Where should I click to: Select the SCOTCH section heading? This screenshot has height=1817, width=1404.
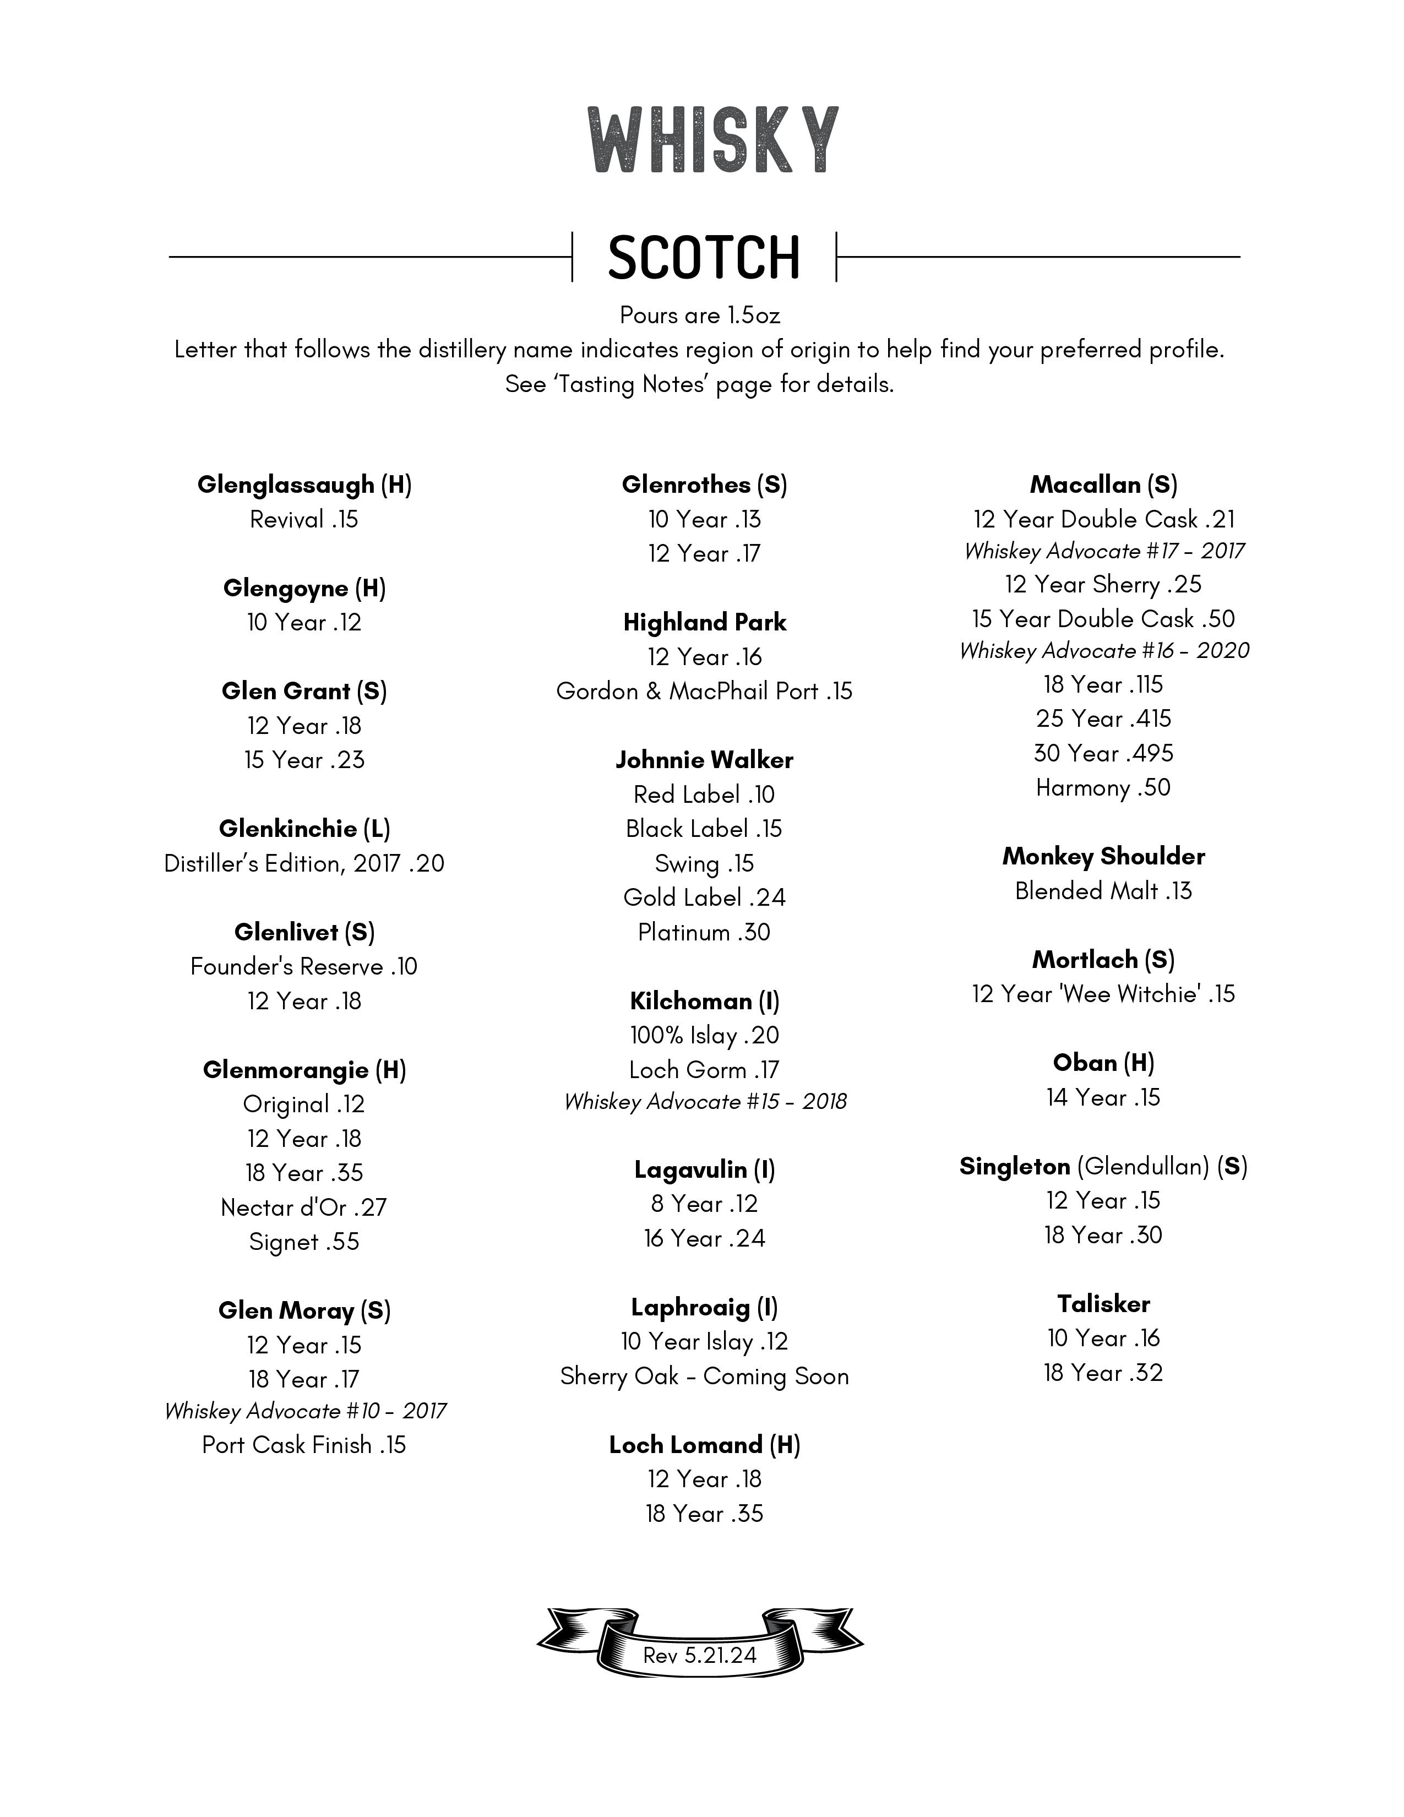point(704,257)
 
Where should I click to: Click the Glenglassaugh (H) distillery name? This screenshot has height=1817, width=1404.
point(304,485)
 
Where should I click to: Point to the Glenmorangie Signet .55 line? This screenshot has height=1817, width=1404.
point(304,1242)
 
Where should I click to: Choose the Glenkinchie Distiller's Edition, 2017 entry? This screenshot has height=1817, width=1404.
point(304,863)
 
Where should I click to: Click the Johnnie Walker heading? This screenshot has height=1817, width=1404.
point(705,760)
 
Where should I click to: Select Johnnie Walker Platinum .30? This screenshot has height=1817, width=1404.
point(705,933)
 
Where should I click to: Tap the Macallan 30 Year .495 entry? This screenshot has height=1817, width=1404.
point(1103,754)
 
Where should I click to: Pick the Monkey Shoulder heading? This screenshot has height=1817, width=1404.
point(1103,857)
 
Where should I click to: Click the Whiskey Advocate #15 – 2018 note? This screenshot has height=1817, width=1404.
point(705,1102)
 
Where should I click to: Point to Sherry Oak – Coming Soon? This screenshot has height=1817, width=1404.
point(705,1377)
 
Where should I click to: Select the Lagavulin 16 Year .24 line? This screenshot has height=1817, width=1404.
point(705,1239)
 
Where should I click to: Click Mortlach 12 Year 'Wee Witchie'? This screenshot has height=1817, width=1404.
point(1103,994)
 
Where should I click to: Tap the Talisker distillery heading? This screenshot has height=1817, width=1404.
point(1103,1304)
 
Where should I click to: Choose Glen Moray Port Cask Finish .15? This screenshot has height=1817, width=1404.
point(304,1445)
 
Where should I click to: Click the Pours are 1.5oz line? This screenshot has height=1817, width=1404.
point(699,316)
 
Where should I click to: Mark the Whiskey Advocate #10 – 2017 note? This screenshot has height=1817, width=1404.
point(304,1412)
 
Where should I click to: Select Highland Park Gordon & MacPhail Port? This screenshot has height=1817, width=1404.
point(705,692)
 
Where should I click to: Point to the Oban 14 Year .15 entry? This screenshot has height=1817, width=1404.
point(1103,1098)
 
